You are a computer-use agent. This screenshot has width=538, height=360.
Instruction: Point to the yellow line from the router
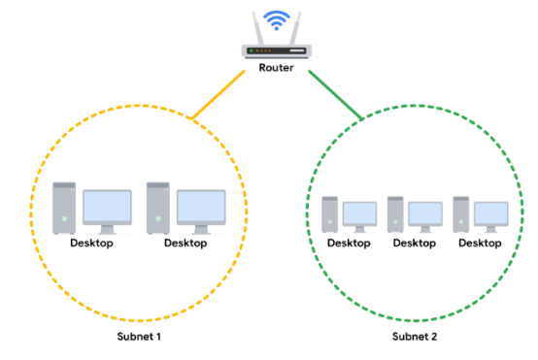pyautogui.click(x=219, y=96)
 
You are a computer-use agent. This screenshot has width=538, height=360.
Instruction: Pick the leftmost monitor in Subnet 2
pyautogui.click(x=360, y=214)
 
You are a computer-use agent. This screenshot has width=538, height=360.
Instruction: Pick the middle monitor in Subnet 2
pyautogui.click(x=425, y=214)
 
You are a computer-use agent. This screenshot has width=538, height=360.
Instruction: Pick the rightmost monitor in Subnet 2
pyautogui.click(x=490, y=214)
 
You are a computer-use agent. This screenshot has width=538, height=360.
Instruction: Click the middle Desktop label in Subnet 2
pyautogui.click(x=414, y=243)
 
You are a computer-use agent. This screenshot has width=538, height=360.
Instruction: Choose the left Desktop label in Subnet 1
pyautogui.click(x=91, y=243)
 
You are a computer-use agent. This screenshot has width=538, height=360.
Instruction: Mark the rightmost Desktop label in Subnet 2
pyautogui.click(x=480, y=243)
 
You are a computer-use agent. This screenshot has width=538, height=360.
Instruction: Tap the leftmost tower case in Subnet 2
pyautogui.click(x=329, y=213)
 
